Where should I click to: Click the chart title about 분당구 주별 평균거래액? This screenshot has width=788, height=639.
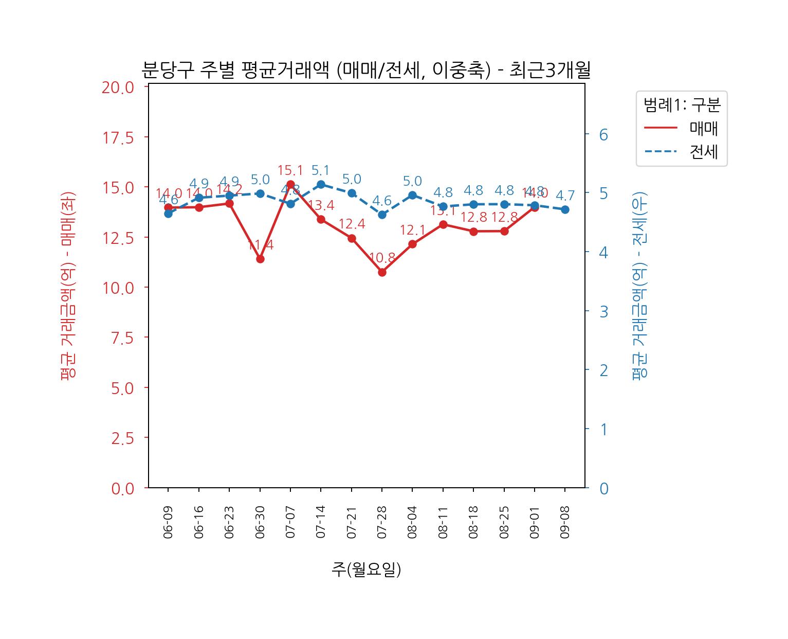click(365, 70)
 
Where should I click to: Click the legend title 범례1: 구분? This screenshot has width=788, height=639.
click(682, 105)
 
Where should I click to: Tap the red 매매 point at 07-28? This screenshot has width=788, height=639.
click(382, 272)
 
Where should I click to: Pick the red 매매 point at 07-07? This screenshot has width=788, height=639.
click(290, 184)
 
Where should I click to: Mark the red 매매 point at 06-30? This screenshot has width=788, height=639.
click(260, 259)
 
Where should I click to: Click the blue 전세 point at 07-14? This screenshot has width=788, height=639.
click(321, 184)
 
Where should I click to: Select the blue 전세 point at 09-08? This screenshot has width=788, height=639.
click(565, 209)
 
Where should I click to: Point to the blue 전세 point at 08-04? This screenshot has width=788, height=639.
click(412, 195)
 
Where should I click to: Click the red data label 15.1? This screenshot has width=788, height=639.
click(290, 170)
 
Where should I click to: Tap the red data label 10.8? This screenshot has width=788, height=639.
click(382, 258)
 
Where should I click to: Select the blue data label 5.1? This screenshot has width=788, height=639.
click(321, 170)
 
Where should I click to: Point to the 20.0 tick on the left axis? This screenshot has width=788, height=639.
click(118, 87)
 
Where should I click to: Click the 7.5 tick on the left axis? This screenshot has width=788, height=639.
click(122, 338)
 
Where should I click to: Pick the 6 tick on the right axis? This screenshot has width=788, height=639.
click(603, 135)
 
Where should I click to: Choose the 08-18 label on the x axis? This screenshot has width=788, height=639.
click(473, 522)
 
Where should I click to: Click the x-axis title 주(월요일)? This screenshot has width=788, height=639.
click(366, 569)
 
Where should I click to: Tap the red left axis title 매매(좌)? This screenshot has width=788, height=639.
click(68, 286)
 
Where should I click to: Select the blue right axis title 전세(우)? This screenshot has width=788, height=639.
click(639, 286)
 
